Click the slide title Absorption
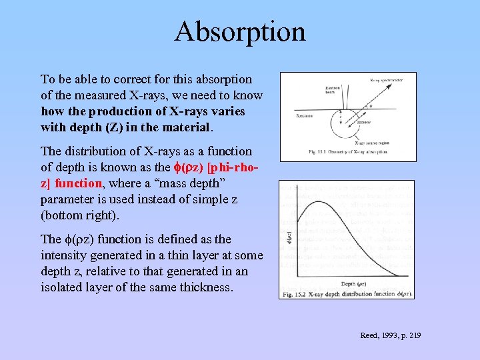point(240,31)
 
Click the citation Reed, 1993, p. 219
point(390,335)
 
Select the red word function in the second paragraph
point(79,183)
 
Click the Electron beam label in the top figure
point(313,89)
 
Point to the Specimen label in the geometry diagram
point(305,115)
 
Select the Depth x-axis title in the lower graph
point(352,283)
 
